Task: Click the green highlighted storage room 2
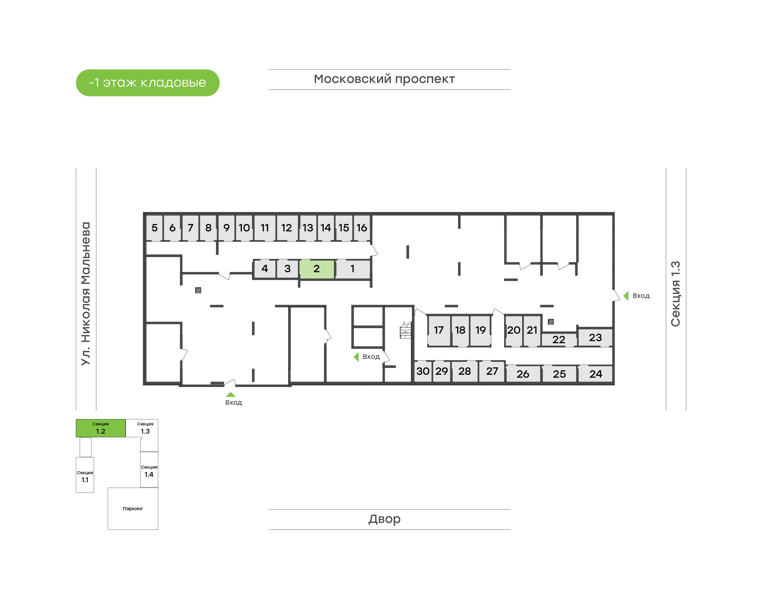[317, 269]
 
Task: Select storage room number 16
[362, 228]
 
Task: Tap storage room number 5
[154, 228]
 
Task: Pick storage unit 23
[595, 337]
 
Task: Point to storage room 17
[439, 330]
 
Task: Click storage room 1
[353, 269]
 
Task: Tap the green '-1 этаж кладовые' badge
[148, 83]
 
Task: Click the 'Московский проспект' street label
[384, 79]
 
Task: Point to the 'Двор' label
[384, 519]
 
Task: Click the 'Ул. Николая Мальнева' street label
[86, 294]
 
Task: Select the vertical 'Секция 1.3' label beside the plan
[675, 294]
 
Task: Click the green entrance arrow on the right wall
[626, 296]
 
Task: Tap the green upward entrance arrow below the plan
[230, 395]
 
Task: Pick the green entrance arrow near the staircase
[356, 357]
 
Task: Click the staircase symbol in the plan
[405, 330]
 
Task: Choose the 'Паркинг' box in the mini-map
[133, 509]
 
